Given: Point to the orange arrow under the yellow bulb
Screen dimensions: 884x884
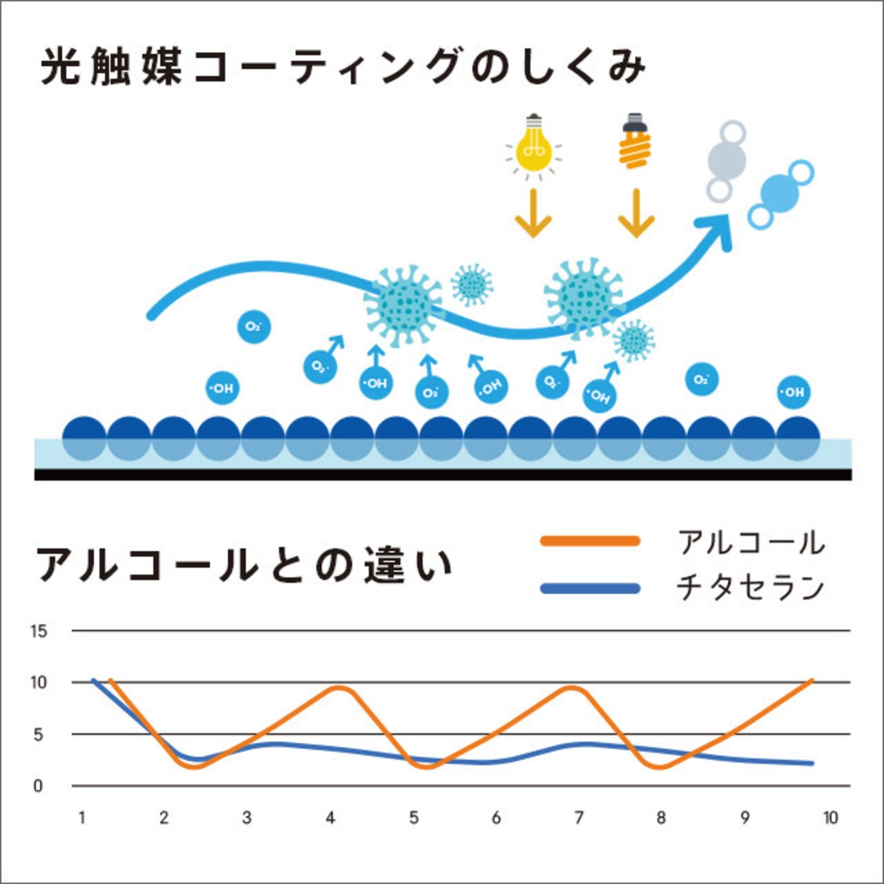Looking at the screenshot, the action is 533,214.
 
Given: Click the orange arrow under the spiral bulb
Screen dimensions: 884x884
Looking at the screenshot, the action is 635,214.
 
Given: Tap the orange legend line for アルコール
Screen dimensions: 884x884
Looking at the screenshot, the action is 590,541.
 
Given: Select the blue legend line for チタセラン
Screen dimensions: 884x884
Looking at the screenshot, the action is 590,588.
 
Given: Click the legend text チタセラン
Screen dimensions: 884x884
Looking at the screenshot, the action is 750,588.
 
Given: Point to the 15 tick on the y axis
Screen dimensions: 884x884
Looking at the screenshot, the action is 39,631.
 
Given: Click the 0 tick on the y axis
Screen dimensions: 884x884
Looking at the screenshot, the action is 39,786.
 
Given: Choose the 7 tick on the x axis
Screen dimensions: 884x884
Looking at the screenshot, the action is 579,818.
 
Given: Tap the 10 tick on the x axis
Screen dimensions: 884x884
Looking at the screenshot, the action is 830,818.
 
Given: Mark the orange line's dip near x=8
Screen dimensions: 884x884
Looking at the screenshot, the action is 660,767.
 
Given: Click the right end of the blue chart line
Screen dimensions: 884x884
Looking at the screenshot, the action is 811,763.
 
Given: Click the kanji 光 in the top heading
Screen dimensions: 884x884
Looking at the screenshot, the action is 59,67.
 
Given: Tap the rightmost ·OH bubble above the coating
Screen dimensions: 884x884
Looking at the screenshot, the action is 794,392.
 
